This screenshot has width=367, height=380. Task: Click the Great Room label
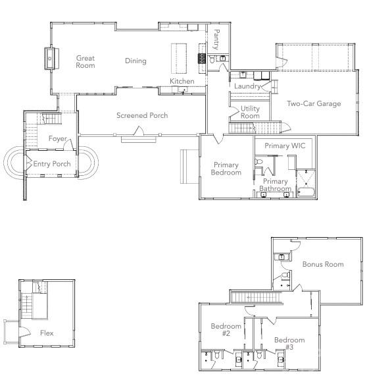tap(86, 61)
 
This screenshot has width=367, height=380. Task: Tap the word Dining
tap(135, 61)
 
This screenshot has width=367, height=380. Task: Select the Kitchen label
tap(182, 81)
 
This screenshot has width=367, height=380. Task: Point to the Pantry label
tap(216, 40)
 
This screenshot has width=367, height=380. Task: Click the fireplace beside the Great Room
tap(51, 59)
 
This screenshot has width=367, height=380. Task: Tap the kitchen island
tap(179, 59)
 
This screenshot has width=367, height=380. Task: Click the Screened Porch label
tap(142, 115)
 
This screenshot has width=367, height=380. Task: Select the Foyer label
tap(58, 138)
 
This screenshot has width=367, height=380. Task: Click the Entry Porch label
tap(52, 164)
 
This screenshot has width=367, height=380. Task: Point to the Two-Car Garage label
tap(314, 103)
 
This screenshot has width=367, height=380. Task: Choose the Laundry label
tap(247, 86)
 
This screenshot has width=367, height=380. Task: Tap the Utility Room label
tap(250, 112)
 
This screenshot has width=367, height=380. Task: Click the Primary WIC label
tap(285, 146)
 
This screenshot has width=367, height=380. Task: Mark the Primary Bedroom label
tap(226, 169)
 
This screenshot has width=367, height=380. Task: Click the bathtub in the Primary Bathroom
tap(306, 192)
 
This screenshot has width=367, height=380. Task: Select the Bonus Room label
tap(323, 264)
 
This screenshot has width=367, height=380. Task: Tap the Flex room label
tap(47, 333)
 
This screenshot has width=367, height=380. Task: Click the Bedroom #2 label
tap(226, 329)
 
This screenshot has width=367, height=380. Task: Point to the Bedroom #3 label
tap(289, 343)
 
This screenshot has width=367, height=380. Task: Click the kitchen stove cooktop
tap(202, 59)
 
